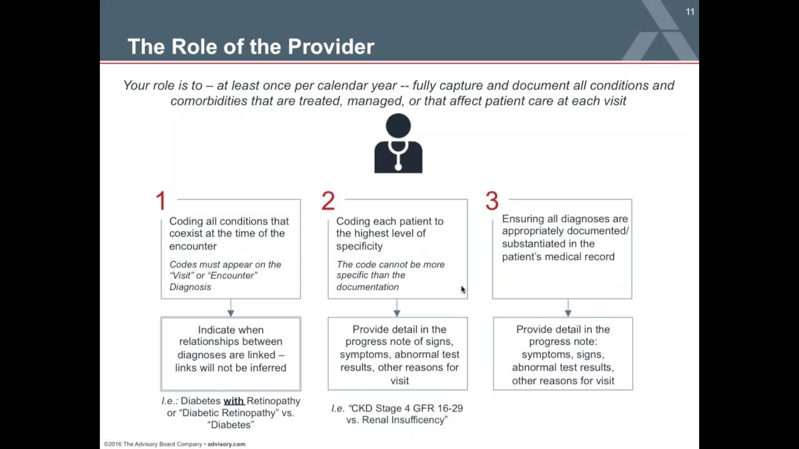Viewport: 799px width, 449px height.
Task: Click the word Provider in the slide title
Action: tap(331, 47)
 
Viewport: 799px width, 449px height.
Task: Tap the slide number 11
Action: tap(690, 12)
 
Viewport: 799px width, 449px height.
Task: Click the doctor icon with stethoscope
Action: tap(398, 143)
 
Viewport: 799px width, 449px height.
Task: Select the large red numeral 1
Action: tap(161, 201)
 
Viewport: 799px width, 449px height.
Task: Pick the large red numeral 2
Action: tap(328, 201)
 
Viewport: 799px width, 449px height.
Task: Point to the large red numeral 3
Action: tap(492, 201)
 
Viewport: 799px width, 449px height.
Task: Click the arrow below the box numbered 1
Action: tap(231, 308)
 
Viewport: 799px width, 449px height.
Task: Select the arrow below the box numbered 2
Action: tap(397, 308)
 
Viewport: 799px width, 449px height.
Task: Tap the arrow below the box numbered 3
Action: tap(568, 308)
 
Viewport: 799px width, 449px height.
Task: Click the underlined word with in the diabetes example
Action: tap(233, 401)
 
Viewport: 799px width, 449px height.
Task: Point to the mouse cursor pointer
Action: tap(463, 290)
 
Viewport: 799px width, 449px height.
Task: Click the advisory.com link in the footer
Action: tap(227, 445)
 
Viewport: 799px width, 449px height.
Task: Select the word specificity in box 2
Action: tap(359, 246)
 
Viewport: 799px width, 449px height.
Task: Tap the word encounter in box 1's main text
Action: tap(193, 246)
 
